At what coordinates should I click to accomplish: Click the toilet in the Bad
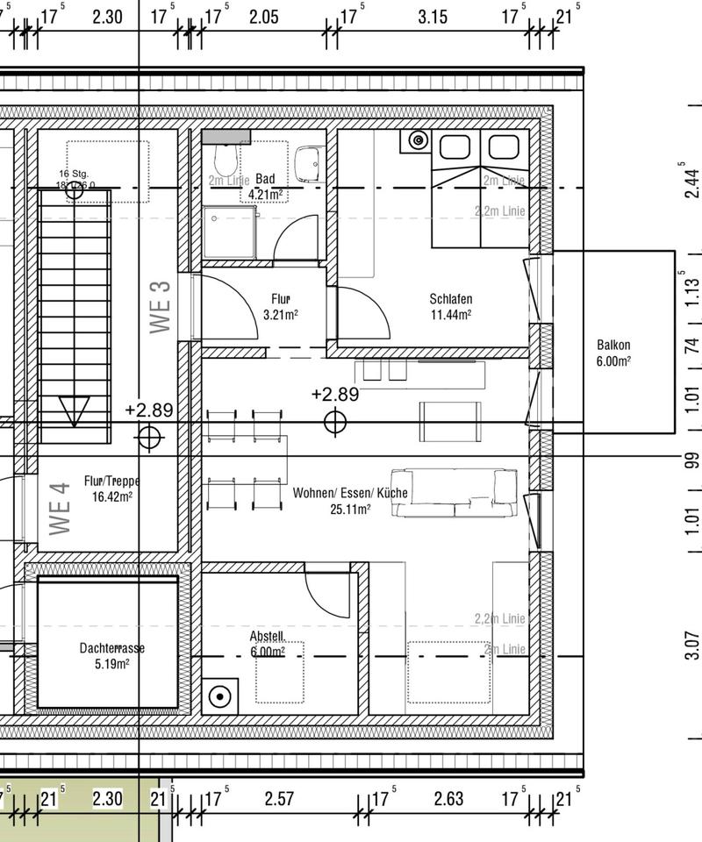click(x=226, y=160)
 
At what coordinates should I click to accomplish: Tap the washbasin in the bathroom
click(x=308, y=163)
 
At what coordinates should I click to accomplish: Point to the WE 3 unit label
click(x=161, y=306)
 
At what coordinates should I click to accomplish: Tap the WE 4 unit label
click(x=60, y=510)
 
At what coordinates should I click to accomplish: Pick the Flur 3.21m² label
click(x=281, y=306)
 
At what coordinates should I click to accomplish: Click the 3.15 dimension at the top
click(x=433, y=17)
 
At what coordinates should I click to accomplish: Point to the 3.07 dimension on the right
click(x=692, y=645)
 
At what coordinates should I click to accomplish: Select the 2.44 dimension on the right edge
click(x=692, y=184)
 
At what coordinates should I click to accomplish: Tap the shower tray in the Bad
click(x=229, y=232)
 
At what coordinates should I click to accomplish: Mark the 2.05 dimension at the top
click(x=263, y=17)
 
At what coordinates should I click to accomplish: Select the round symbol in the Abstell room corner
click(x=219, y=696)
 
